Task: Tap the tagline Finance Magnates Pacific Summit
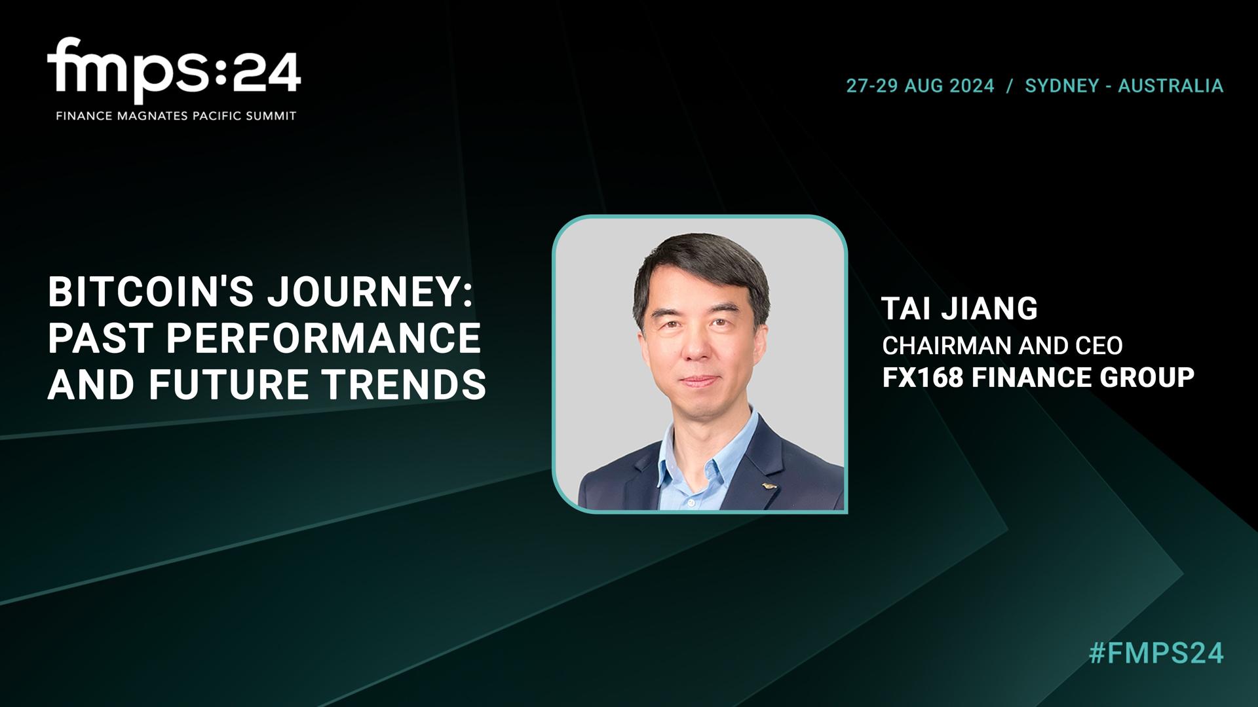click(176, 116)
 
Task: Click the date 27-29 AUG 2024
click(920, 86)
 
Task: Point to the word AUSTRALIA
click(1170, 86)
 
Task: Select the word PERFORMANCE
click(324, 338)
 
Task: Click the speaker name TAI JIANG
click(959, 309)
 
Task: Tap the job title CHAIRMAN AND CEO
click(1002, 346)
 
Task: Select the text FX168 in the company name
click(923, 378)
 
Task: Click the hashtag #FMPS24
click(1156, 654)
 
